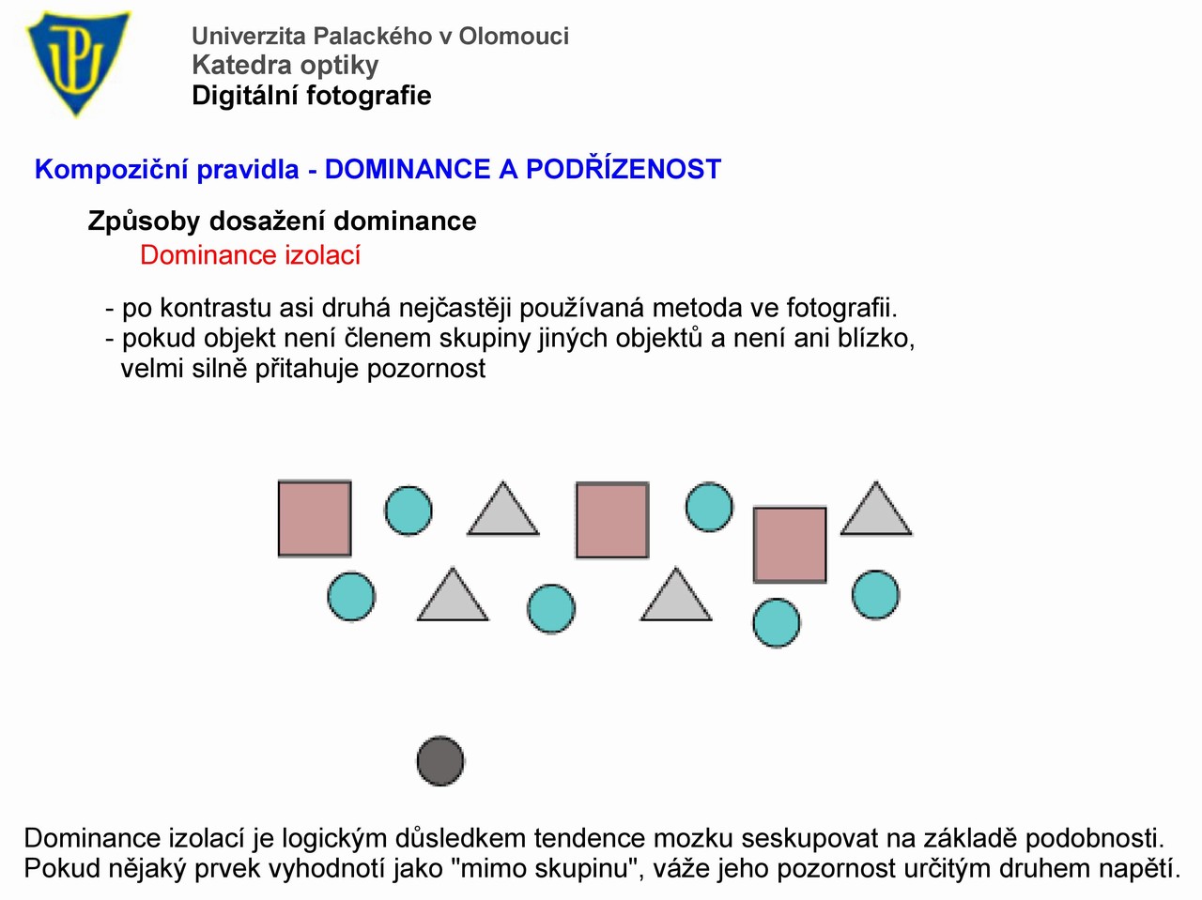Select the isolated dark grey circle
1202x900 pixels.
click(440, 761)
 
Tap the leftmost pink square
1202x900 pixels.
click(315, 518)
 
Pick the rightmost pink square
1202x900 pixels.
click(790, 544)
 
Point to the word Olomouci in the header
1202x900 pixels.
click(514, 36)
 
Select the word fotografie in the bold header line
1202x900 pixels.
click(368, 96)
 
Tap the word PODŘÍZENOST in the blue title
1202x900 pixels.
click(624, 169)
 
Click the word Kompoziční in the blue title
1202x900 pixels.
click(112, 170)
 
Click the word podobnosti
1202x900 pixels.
click(1095, 838)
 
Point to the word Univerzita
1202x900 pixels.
click(248, 36)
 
